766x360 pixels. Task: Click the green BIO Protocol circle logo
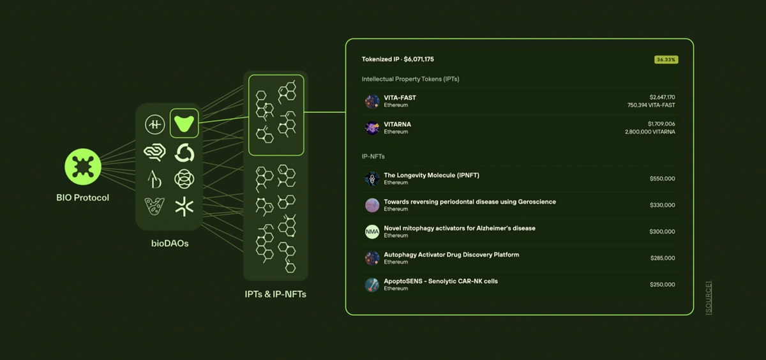click(83, 167)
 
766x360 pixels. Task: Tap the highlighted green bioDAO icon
click(184, 124)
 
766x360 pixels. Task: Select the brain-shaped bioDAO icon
click(154, 153)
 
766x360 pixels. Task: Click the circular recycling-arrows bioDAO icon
click(184, 153)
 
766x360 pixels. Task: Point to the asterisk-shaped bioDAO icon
click(184, 206)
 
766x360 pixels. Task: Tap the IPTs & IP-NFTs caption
click(275, 294)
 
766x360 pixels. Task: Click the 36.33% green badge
click(666, 59)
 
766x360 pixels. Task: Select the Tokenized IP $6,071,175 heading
click(398, 59)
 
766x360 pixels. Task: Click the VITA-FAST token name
click(400, 98)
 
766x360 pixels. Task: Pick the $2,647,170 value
click(662, 97)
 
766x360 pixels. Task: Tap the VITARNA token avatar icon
click(372, 128)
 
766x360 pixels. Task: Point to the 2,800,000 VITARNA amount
click(650, 132)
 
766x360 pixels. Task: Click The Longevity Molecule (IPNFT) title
click(432, 176)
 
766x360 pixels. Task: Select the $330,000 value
click(662, 206)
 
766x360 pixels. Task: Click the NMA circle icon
click(372, 232)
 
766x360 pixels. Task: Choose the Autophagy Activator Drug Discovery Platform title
click(451, 255)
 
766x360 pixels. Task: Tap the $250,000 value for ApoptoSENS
click(662, 285)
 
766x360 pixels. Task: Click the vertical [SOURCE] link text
click(709, 297)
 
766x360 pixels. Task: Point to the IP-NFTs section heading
click(373, 156)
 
